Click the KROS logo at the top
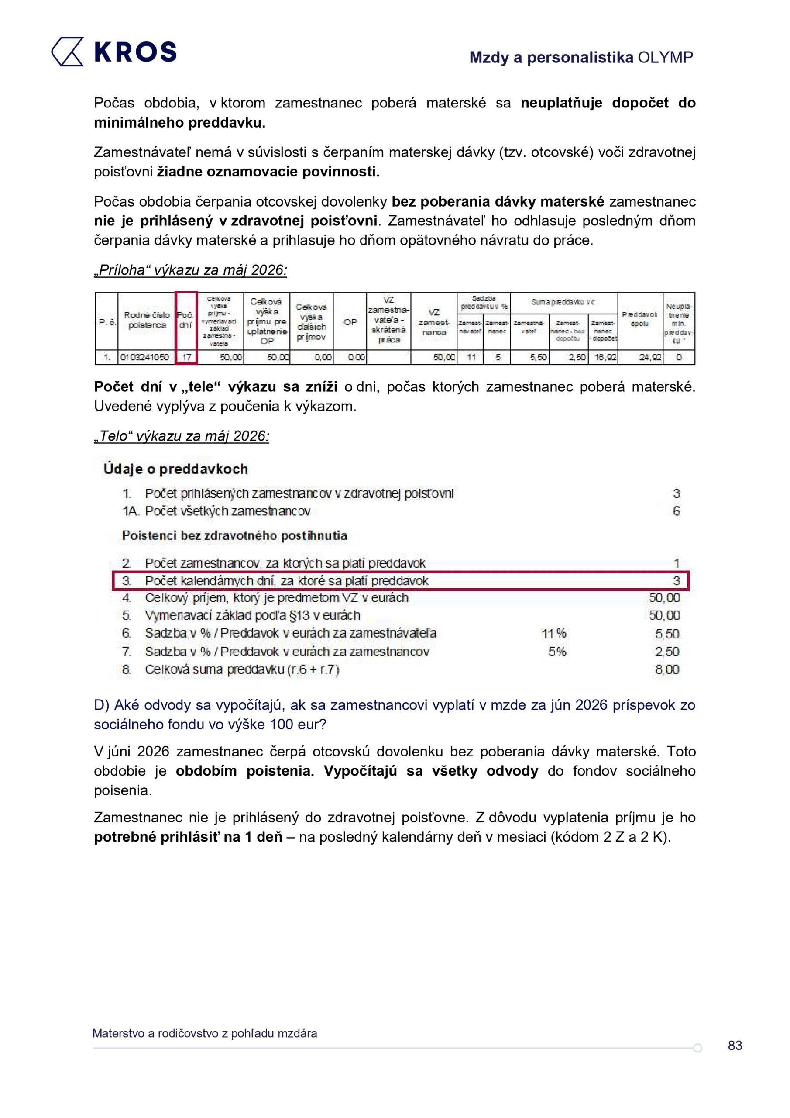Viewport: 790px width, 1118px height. (114, 51)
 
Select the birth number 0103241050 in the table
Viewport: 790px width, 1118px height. (144, 357)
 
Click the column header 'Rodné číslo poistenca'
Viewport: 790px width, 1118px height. (147, 321)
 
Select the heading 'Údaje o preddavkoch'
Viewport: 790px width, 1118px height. (176, 469)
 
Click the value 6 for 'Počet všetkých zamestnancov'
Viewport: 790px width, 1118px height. (676, 511)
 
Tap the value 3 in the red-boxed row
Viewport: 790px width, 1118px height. (676, 581)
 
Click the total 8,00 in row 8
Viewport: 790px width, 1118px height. (667, 669)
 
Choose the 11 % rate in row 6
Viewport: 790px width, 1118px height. (554, 634)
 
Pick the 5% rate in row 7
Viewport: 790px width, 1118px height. (557, 652)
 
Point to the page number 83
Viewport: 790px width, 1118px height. (735, 1046)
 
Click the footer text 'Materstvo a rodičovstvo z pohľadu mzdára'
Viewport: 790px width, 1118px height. (204, 1033)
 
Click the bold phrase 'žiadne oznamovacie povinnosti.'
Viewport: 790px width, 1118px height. (268, 172)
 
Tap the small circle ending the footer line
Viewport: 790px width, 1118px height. (697, 1048)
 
